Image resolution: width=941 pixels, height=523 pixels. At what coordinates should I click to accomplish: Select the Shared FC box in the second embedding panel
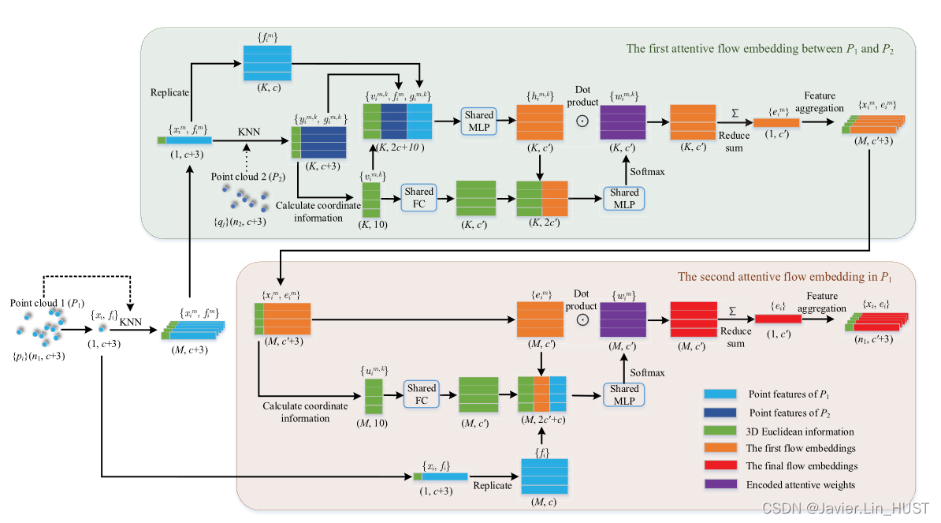(x=421, y=394)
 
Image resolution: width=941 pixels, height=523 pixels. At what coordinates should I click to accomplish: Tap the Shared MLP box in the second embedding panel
(x=623, y=394)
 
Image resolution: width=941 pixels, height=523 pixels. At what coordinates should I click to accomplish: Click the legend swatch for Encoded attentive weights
(x=719, y=484)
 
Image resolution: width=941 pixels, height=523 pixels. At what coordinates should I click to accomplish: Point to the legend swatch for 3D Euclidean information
(x=719, y=431)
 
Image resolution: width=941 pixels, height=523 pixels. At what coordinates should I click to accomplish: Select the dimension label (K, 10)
(x=371, y=226)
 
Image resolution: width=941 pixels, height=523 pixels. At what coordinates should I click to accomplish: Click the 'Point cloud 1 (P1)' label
(x=43, y=303)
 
